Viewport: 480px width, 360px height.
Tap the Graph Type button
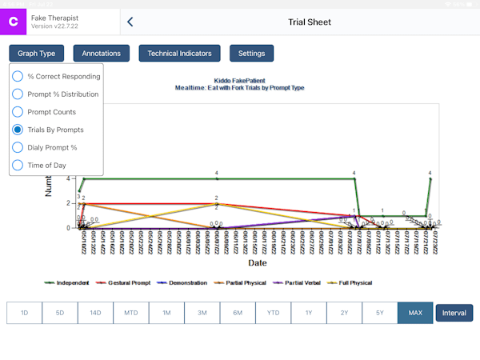click(x=37, y=54)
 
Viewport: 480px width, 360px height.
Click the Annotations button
click(x=102, y=54)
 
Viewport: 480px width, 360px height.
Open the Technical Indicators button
click(x=179, y=54)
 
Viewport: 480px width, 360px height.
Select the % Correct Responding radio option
click(x=18, y=77)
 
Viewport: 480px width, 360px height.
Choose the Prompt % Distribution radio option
click(x=18, y=94)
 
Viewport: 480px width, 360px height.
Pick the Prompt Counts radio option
click(x=18, y=112)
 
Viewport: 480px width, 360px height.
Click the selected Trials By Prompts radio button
click(x=18, y=130)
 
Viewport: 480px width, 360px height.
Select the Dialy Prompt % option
click(x=18, y=147)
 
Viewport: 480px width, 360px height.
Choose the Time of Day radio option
click(x=18, y=165)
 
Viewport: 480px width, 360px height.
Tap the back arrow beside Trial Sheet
click(x=130, y=22)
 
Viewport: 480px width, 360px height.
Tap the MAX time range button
click(x=415, y=313)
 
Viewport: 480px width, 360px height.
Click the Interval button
click(x=454, y=313)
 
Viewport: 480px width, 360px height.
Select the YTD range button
click(x=273, y=313)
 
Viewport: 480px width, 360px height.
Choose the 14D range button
click(x=95, y=313)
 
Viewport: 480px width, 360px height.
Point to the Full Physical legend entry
click(x=353, y=282)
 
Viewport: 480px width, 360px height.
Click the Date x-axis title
click(x=258, y=262)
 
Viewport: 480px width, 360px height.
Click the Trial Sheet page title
click(x=310, y=22)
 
